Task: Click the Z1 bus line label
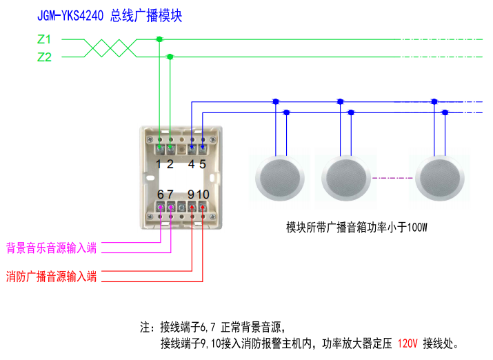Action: click(44, 39)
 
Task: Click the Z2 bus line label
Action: click(44, 57)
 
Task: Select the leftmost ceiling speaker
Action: click(279, 177)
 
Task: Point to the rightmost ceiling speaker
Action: click(439, 177)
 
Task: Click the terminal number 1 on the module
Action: click(159, 164)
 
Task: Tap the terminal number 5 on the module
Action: click(203, 164)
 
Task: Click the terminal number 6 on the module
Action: click(161, 194)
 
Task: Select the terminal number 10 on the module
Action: click(203, 194)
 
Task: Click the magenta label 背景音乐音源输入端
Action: click(51, 248)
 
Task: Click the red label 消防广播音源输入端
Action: click(51, 277)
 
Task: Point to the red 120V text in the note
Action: click(408, 343)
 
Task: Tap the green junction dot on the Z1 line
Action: click(159, 39)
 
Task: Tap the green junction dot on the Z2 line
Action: click(170, 57)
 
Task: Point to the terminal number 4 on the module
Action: click(191, 164)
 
